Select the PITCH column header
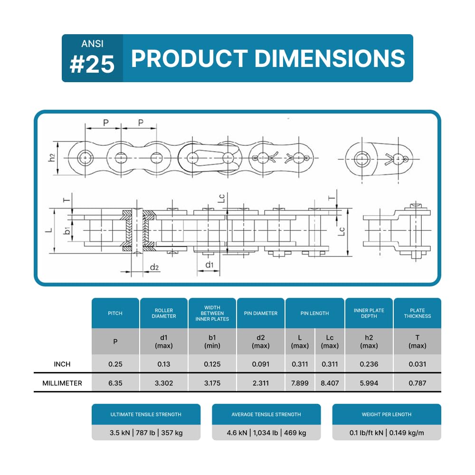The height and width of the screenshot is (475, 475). [115, 313]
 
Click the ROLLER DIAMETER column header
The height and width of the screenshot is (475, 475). [164, 313]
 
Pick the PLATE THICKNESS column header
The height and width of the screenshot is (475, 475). [418, 313]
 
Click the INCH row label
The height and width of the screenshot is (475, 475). [62, 364]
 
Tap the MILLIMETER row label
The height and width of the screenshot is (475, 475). [62, 383]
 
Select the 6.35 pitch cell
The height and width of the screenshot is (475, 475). [115, 383]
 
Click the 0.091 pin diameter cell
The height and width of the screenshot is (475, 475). [260, 364]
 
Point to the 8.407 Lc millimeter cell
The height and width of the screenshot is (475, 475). [330, 383]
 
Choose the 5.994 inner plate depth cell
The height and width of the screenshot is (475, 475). [369, 383]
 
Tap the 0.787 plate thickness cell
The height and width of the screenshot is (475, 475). [418, 383]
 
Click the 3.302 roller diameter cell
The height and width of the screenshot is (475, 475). [164, 383]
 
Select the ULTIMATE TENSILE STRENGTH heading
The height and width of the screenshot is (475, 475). [146, 414]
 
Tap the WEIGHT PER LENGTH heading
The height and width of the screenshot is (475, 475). [387, 414]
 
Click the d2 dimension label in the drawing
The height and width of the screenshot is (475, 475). [154, 268]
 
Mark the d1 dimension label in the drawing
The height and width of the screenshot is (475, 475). [209, 264]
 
